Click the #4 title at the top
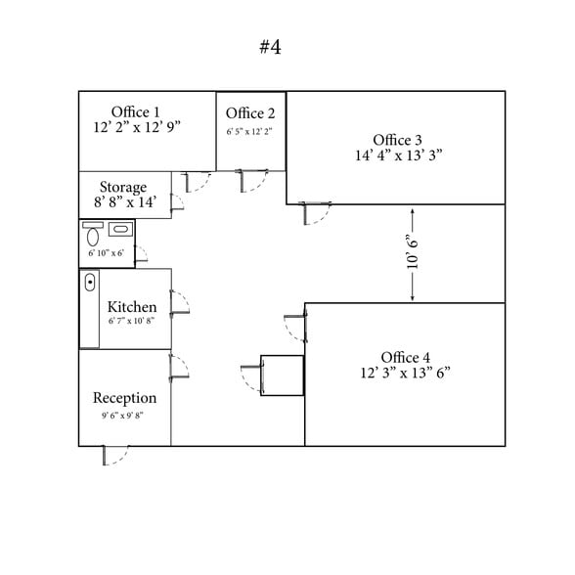pyautogui.click(x=270, y=47)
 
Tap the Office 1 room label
pyautogui.click(x=136, y=112)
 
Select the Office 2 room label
pyautogui.click(x=250, y=113)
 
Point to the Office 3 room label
pyautogui.click(x=397, y=140)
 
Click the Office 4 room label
pyautogui.click(x=406, y=358)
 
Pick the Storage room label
pyautogui.click(x=123, y=188)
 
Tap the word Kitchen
pyautogui.click(x=132, y=307)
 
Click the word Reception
pyautogui.click(x=125, y=398)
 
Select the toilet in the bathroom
pyautogui.click(x=93, y=234)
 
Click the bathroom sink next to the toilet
pyautogui.click(x=120, y=229)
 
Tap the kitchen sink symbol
pyautogui.click(x=90, y=283)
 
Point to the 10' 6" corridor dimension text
pyautogui.click(x=413, y=251)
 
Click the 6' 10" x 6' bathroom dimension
pyautogui.click(x=106, y=253)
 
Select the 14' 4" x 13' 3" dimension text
pyautogui.click(x=399, y=155)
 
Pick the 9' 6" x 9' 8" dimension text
pyautogui.click(x=122, y=416)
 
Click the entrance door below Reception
pyautogui.click(x=115, y=456)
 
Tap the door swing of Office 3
pyautogui.click(x=315, y=213)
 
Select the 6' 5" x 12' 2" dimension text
pyautogui.click(x=249, y=132)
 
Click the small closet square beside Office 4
pyautogui.click(x=282, y=376)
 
